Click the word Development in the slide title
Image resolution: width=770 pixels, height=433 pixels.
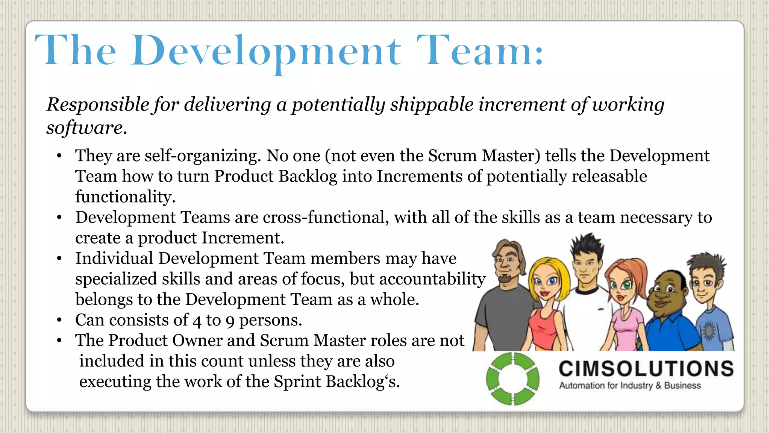coord(266,51)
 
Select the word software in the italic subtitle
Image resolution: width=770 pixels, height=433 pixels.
coord(85,128)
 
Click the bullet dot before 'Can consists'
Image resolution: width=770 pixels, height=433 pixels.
coord(59,320)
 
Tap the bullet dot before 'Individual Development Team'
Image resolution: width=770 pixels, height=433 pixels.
coord(59,259)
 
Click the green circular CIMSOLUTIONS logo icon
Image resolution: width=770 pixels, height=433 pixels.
coord(512,378)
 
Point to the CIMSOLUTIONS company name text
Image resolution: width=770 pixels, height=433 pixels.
coord(646,369)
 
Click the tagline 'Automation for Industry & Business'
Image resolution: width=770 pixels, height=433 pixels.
coord(630,386)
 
